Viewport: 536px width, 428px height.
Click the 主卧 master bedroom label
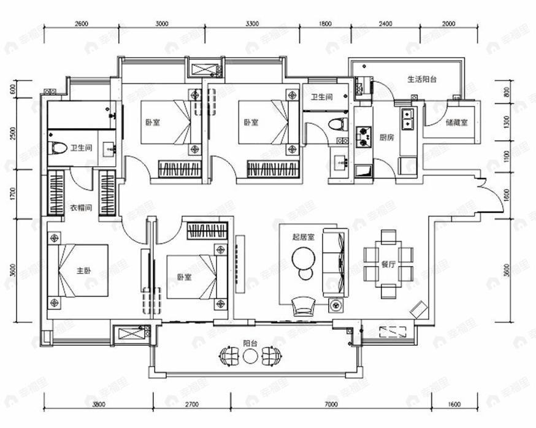83,270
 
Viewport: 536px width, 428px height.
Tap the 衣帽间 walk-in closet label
81,208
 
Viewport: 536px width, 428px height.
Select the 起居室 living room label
304,236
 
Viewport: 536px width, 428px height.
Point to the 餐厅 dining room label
388,265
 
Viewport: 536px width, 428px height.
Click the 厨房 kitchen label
386,138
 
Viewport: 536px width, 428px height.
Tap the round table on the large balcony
250,355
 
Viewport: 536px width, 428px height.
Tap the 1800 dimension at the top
325,24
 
